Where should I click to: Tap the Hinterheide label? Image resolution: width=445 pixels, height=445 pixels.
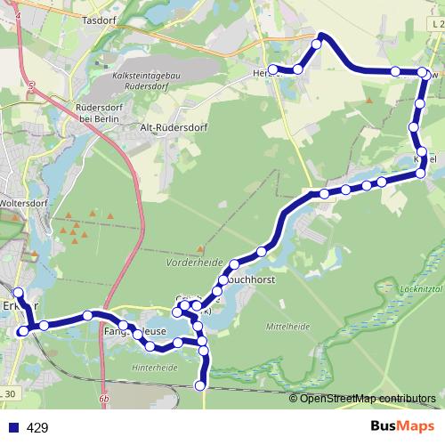(x=154, y=366)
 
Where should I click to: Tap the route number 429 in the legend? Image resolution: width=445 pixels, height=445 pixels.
(x=37, y=428)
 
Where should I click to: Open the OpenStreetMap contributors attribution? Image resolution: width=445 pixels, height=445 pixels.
(x=368, y=398)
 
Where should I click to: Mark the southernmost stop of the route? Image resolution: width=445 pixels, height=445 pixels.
(x=200, y=385)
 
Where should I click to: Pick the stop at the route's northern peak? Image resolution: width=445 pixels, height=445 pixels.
(x=320, y=43)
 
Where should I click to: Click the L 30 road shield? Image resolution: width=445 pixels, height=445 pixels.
(x=9, y=393)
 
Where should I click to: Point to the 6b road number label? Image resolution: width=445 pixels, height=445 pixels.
(x=104, y=399)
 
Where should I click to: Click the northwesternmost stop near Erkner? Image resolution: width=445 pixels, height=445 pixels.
(x=18, y=292)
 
